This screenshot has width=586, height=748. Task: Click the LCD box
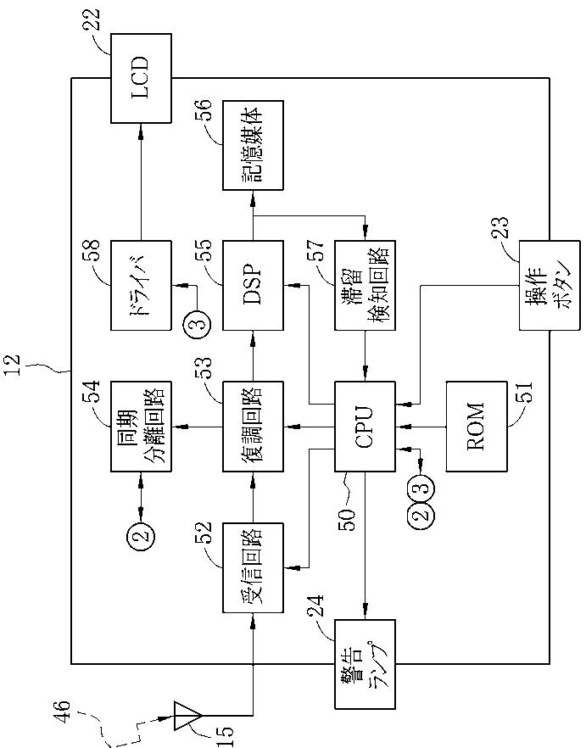[141, 78]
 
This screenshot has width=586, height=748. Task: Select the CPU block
[365, 427]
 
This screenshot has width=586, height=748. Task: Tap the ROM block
[477, 427]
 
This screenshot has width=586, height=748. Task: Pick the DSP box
[253, 285]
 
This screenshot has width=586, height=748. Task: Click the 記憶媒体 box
[253, 145]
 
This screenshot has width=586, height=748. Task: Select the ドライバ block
[141, 285]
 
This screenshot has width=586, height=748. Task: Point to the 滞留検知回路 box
[365, 285]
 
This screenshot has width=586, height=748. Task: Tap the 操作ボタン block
[550, 285]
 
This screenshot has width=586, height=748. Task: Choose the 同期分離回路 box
[141, 427]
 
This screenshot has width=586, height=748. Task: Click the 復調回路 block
[253, 427]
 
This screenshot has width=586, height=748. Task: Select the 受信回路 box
[253, 567]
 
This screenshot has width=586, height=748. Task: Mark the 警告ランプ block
[365, 664]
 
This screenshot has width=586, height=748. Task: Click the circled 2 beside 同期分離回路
[142, 533]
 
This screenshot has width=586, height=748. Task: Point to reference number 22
[94, 20]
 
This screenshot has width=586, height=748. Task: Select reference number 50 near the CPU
[348, 521]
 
